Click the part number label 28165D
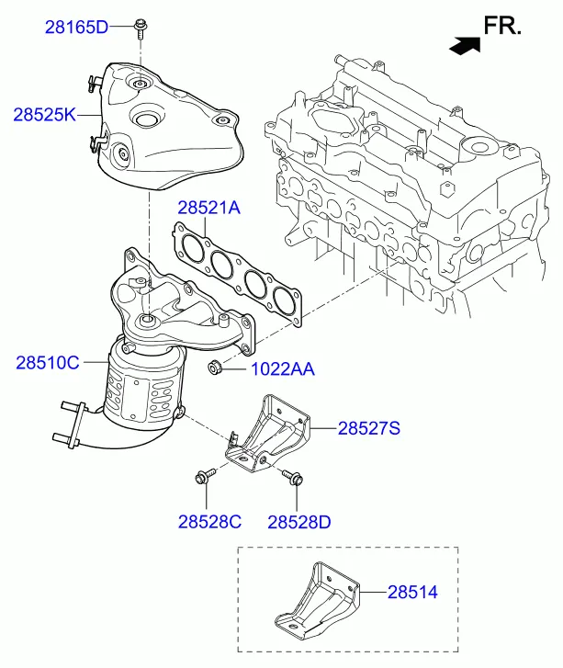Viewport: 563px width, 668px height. [x=76, y=28]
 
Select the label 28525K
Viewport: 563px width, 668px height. [x=45, y=115]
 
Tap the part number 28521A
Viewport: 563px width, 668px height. [x=208, y=208]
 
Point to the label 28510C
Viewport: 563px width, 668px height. [x=48, y=363]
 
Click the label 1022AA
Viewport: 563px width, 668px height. [x=283, y=369]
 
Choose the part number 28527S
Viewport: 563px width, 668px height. [x=369, y=428]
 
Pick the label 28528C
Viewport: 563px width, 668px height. [x=209, y=522]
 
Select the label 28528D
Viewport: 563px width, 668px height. [x=299, y=522]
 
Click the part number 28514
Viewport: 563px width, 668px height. [x=412, y=592]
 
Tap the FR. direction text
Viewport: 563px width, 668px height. [x=502, y=26]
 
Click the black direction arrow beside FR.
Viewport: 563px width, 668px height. [x=465, y=46]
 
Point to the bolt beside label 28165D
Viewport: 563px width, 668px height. [x=141, y=29]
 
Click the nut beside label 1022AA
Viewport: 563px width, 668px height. [x=214, y=368]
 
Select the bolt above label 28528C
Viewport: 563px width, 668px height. [x=205, y=476]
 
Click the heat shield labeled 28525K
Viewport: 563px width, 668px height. [x=168, y=128]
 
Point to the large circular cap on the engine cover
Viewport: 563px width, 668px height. [x=479, y=149]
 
